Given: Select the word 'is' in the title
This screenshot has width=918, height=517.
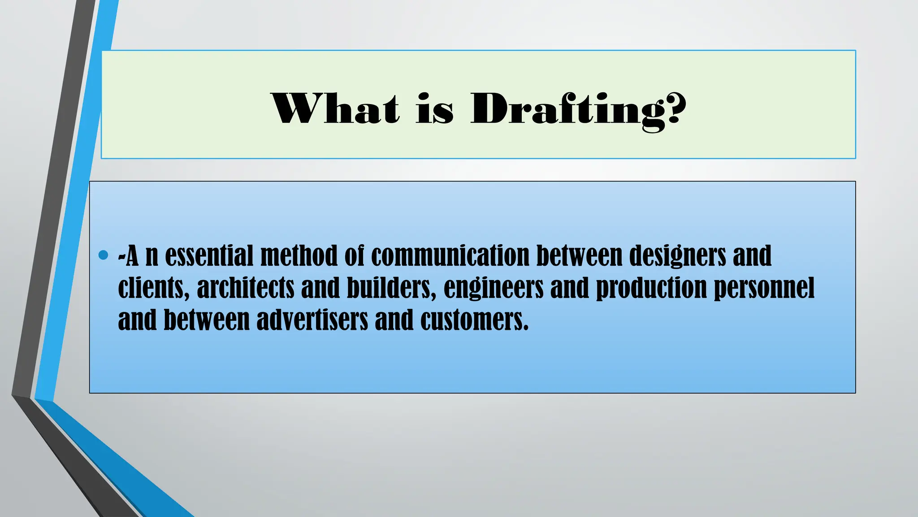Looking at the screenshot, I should (x=434, y=109).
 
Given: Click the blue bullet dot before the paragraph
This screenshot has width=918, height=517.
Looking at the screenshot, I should (x=103, y=255).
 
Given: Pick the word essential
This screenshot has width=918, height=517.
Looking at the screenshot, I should (x=209, y=255).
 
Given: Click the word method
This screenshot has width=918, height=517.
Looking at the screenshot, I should (x=299, y=255).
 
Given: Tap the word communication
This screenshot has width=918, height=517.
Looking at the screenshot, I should (x=450, y=255).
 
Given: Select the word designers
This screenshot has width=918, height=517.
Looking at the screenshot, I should (x=677, y=256).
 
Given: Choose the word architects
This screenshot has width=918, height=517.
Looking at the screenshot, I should (x=245, y=288).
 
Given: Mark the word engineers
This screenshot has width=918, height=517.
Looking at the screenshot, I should (x=494, y=289).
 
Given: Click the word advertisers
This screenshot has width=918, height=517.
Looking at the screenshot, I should (x=312, y=320).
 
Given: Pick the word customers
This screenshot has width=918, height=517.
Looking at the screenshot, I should (x=474, y=320).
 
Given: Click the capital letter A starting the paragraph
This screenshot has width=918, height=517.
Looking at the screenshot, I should (x=132, y=255).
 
